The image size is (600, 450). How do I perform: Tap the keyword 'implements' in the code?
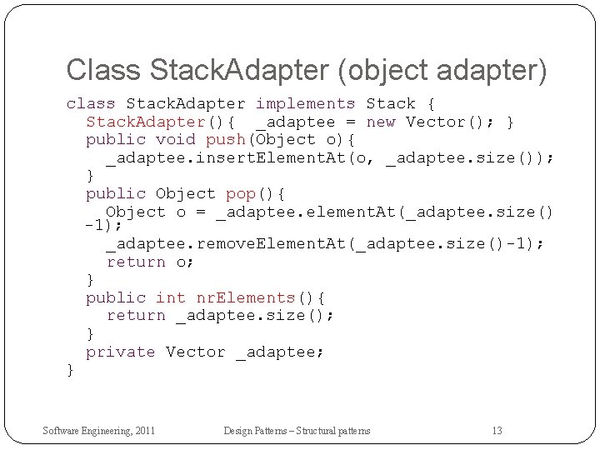coord(305,104)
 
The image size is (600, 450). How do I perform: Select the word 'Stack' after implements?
coord(391,104)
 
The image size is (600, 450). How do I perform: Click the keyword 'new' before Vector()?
coord(381,122)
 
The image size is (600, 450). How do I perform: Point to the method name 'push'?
coord(225,140)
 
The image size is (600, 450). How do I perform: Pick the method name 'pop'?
coord(240,194)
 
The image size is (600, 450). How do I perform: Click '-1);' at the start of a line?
coord(104,226)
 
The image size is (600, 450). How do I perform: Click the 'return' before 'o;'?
coord(136,262)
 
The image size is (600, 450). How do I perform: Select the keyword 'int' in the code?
coord(171,297)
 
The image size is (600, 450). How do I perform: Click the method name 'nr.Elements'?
coord(246,297)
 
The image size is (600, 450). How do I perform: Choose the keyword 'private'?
coord(121,352)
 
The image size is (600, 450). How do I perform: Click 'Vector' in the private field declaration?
coord(196,352)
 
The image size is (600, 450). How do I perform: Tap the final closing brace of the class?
coord(71,369)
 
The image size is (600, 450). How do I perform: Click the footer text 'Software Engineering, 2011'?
coord(99,431)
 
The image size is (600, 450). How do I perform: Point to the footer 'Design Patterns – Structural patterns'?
coord(297,431)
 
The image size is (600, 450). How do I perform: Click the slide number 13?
coord(497,431)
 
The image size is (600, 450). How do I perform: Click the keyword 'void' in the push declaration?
coord(176,140)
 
